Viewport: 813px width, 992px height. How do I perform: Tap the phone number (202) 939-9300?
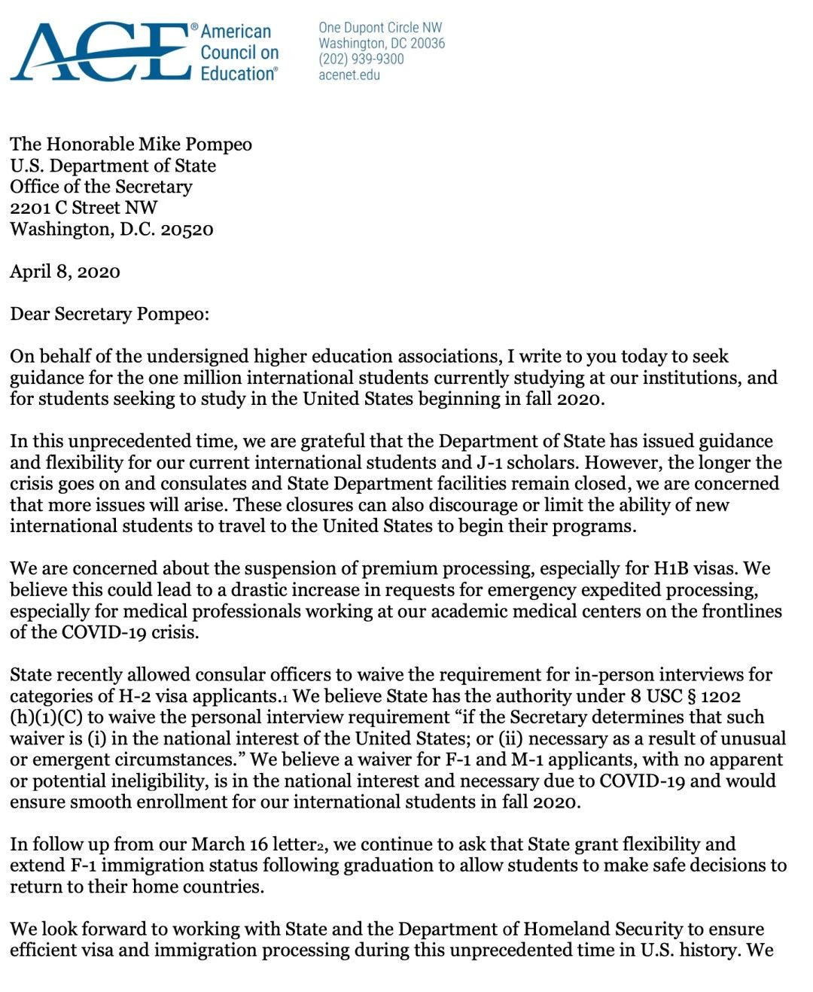(x=361, y=59)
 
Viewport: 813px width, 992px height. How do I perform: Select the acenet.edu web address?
(x=349, y=75)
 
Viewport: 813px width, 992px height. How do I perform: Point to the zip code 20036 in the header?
(x=427, y=43)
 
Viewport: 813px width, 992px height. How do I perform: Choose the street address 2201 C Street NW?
(x=84, y=208)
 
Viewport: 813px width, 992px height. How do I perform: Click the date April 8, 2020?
(x=65, y=271)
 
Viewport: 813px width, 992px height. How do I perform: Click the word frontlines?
(x=741, y=610)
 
